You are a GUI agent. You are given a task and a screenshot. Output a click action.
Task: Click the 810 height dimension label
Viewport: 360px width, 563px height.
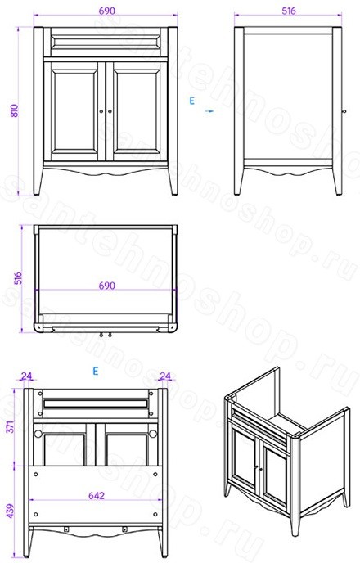[x=14, y=111]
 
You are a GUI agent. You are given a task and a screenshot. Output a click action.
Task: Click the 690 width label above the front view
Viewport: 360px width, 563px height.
[x=107, y=11]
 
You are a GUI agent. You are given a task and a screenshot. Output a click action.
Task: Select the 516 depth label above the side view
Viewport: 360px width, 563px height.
[x=289, y=11]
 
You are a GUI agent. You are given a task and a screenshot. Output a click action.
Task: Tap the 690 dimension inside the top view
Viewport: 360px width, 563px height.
[x=107, y=286]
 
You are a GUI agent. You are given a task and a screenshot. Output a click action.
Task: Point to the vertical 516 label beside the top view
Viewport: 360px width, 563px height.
[x=18, y=278]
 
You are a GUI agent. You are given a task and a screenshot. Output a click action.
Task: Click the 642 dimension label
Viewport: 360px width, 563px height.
[x=97, y=496]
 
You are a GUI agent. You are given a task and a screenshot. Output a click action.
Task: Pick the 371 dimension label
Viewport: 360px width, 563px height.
[x=10, y=426]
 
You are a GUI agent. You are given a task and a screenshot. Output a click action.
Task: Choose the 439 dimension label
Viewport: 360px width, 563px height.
[x=10, y=511]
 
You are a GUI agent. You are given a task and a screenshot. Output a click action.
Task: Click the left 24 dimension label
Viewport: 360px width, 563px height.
[x=26, y=376]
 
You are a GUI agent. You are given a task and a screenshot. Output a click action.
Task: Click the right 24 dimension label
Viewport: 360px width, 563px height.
[x=164, y=376]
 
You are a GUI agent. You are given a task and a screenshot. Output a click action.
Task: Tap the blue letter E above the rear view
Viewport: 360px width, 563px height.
[x=95, y=371]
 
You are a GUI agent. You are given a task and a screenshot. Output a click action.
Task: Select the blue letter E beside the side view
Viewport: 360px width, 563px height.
[x=191, y=101]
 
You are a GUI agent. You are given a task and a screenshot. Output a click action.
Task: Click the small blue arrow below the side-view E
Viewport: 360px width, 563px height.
[x=209, y=111]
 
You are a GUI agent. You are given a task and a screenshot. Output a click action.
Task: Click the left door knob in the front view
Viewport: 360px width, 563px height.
[x=101, y=111]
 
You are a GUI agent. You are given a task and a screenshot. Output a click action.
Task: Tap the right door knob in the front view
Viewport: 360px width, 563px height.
[x=110, y=111]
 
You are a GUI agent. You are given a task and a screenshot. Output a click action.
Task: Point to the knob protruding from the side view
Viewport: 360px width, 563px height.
[x=344, y=111]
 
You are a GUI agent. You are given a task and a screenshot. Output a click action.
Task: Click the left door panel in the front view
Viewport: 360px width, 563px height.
[x=74, y=111]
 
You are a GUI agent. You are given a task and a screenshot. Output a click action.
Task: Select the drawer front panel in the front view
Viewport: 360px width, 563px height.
[x=106, y=42]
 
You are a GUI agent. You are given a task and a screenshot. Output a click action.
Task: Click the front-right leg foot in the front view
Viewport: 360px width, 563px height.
[x=174, y=193]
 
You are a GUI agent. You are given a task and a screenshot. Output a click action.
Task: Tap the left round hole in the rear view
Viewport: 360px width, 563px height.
[x=38, y=434]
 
